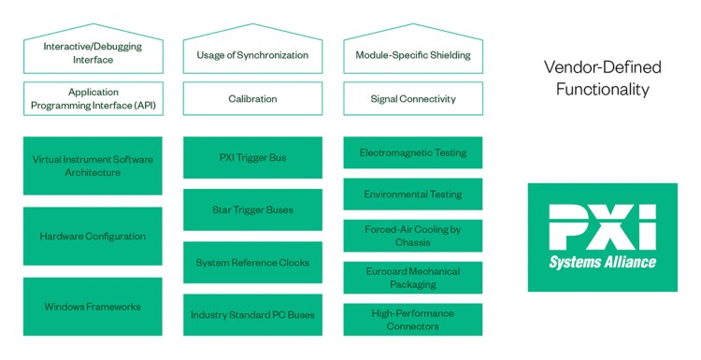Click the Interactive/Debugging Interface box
click(x=92, y=53)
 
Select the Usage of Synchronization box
click(x=252, y=55)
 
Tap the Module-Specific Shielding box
click(x=413, y=55)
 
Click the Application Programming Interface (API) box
click(x=92, y=98)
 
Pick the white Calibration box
click(x=252, y=98)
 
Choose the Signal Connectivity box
click(x=413, y=98)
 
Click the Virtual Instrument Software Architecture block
click(x=92, y=166)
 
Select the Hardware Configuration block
click(x=92, y=237)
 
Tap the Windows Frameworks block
click(x=92, y=307)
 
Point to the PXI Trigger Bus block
click(x=252, y=158)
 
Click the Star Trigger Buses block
click(x=252, y=210)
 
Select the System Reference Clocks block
click(x=252, y=263)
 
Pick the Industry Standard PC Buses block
click(x=252, y=315)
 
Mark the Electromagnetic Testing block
click(x=413, y=152)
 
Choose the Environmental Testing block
click(x=413, y=194)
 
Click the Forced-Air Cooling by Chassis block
click(x=413, y=236)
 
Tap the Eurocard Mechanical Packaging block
click(x=413, y=278)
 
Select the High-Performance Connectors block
click(x=413, y=320)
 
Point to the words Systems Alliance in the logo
click(x=602, y=262)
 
